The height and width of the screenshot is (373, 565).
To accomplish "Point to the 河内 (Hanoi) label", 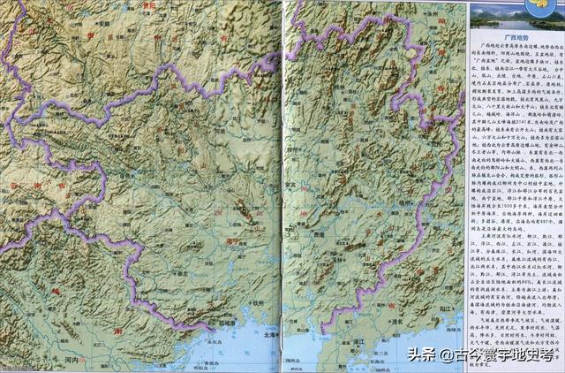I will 72,361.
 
